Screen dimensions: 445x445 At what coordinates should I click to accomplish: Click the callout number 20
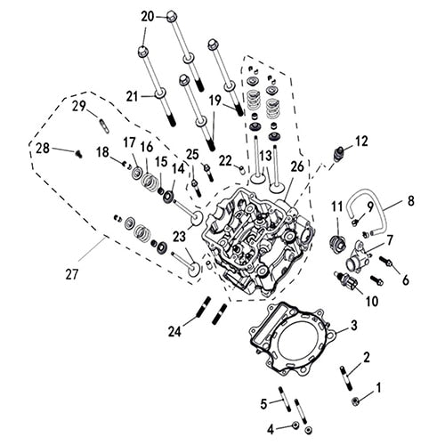pos(148,15)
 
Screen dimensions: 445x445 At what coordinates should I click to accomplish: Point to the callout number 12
pos(361,142)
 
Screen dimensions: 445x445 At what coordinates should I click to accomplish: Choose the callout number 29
pos(78,107)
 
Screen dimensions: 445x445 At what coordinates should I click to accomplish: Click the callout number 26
pos(297,165)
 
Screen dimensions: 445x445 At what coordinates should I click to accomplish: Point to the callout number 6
pos(405,279)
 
